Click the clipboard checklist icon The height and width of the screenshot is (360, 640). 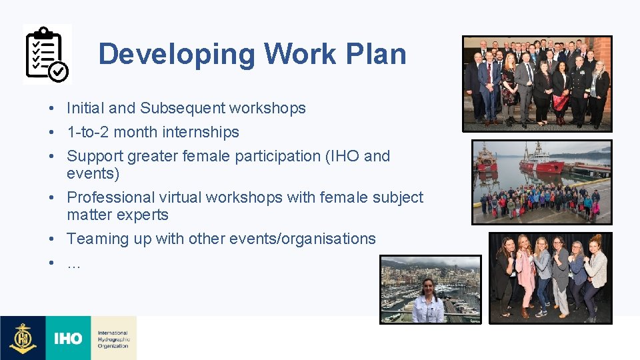pos(47,55)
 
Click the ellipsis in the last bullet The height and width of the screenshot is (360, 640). pos(73,264)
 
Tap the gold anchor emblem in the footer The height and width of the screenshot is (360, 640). pos(23,338)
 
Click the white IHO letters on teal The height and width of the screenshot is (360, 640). pos(68,339)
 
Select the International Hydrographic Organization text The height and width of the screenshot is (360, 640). pos(113,339)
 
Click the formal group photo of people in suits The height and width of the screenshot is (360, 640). pos(537,83)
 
